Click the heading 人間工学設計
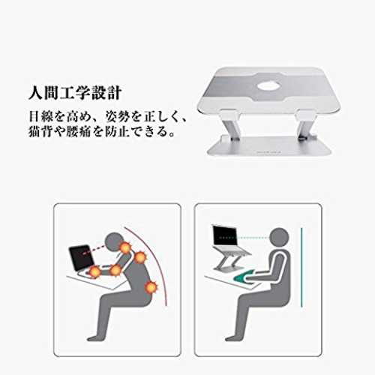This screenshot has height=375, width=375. pyautogui.click(x=75, y=93)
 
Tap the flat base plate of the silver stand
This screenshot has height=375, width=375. pyautogui.click(x=270, y=147)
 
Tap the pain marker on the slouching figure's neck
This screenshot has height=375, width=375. pyautogui.click(x=125, y=247)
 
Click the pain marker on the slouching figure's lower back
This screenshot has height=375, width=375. pyautogui.click(x=151, y=288)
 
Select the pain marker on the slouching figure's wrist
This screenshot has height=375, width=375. pyautogui.click(x=95, y=271)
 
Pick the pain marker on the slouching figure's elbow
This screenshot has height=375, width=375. pyautogui.click(x=115, y=271)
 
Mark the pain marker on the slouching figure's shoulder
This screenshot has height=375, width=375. pyautogui.click(x=140, y=257)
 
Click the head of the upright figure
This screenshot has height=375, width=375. pyautogui.click(x=279, y=238)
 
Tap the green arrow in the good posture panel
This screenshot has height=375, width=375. pyautogui.click(x=243, y=277)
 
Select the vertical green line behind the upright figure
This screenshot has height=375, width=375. pyautogui.click(x=301, y=267)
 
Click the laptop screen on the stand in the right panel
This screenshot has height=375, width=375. pyautogui.click(x=225, y=236)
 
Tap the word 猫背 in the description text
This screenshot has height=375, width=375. pyautogui.click(x=40, y=131)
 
